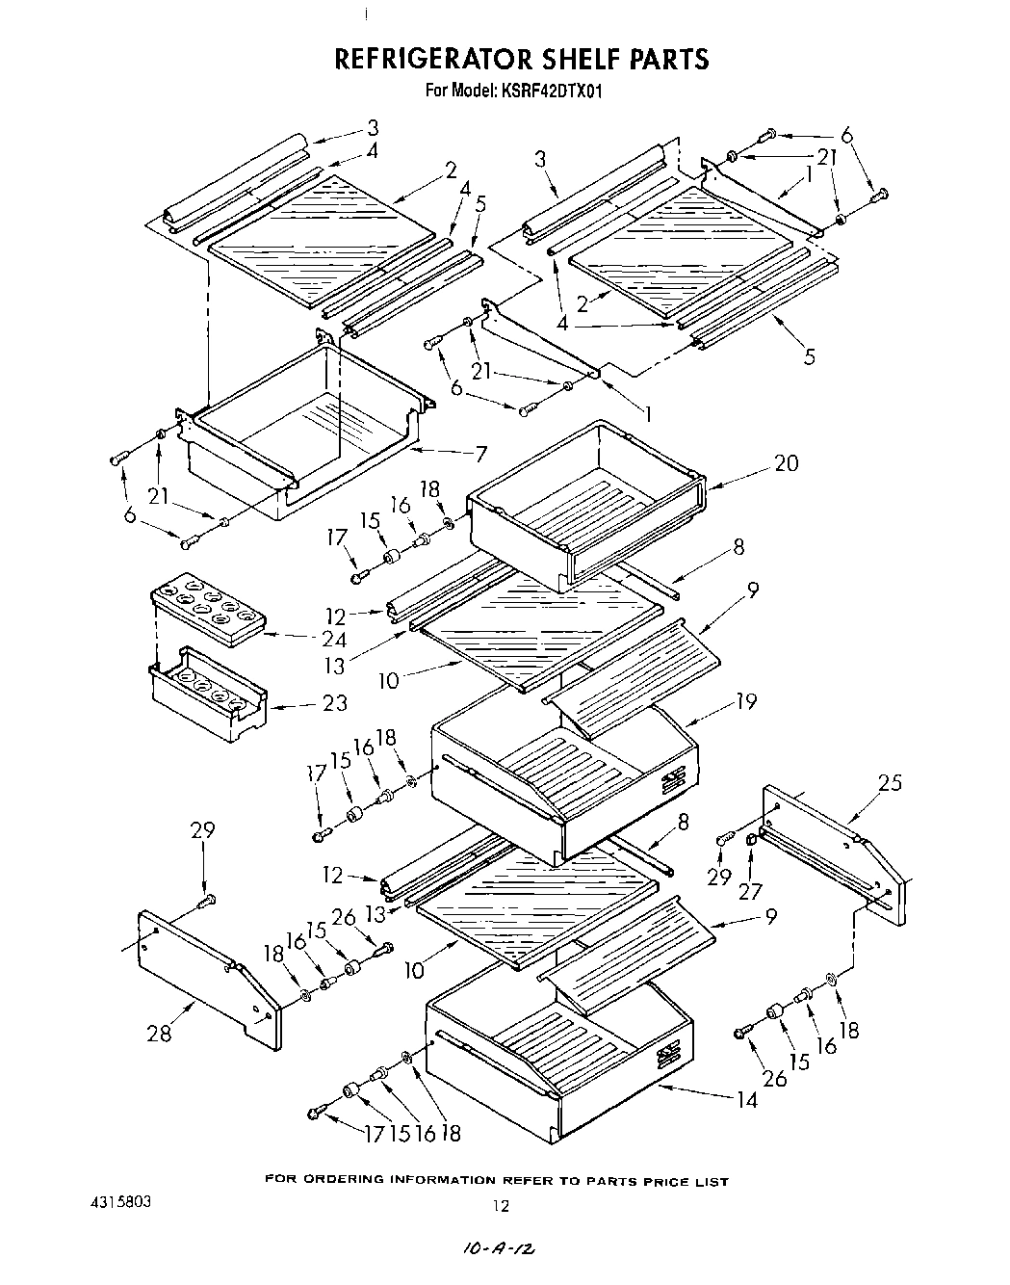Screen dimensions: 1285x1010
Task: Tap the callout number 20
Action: [x=786, y=463]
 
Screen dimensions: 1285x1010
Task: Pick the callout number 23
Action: [x=333, y=703]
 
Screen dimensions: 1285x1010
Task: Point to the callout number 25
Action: [x=891, y=782]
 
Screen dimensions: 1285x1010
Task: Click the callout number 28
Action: [x=159, y=1034]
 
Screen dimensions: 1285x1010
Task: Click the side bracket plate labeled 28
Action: [x=207, y=983]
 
